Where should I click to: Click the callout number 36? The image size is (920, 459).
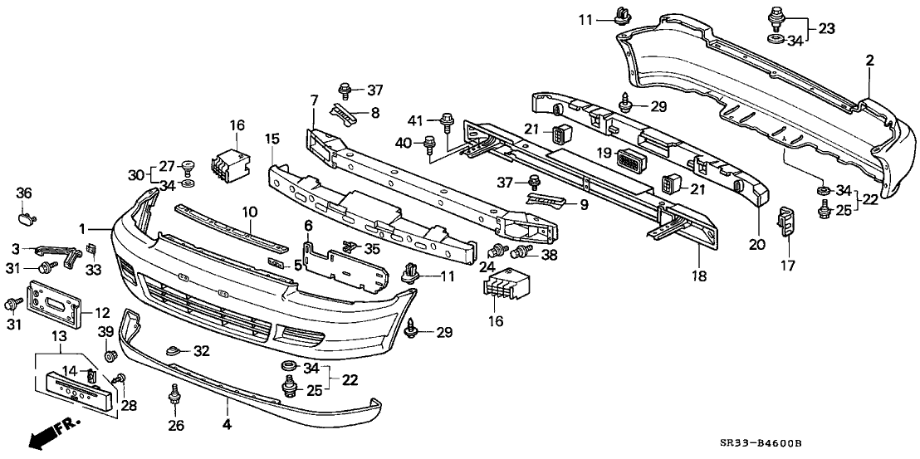click(x=24, y=193)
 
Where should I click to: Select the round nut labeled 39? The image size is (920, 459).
click(x=110, y=357)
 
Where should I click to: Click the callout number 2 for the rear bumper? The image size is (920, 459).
click(x=869, y=60)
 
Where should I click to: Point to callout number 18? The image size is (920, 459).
click(x=698, y=276)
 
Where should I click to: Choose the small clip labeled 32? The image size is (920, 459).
click(x=174, y=349)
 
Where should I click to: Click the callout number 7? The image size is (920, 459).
click(x=315, y=100)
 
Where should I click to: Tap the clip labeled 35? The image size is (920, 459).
click(x=350, y=246)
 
